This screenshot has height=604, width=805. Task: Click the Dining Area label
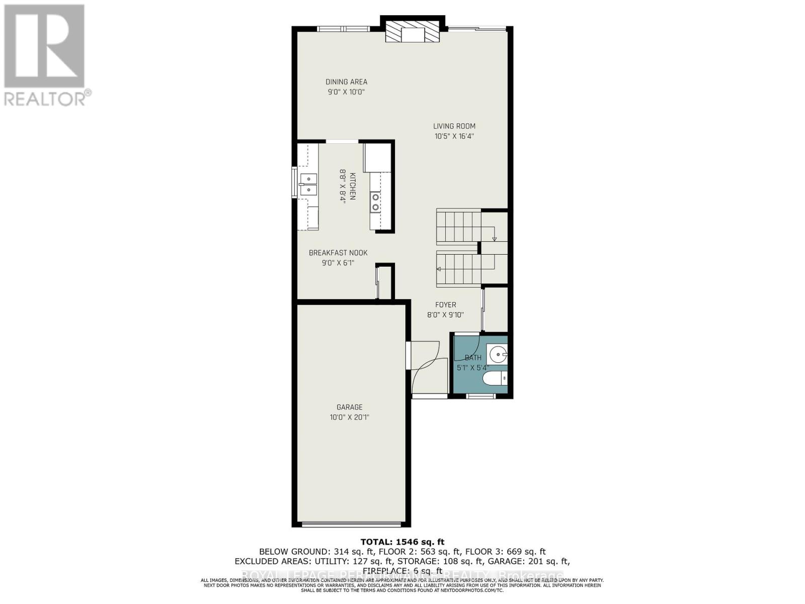point(346,82)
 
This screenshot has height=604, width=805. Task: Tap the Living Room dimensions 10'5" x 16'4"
point(454,136)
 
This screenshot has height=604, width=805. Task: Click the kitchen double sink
point(308,184)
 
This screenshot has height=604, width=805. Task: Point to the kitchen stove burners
point(375,202)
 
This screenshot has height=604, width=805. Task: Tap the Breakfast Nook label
point(338,253)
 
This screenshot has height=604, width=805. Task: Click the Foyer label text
point(445,305)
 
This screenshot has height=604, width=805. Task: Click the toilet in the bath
point(496,379)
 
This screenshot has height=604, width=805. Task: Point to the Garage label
point(350,407)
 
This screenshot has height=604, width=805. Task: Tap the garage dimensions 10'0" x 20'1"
point(350,417)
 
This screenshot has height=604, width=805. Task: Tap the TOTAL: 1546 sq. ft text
point(403,542)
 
